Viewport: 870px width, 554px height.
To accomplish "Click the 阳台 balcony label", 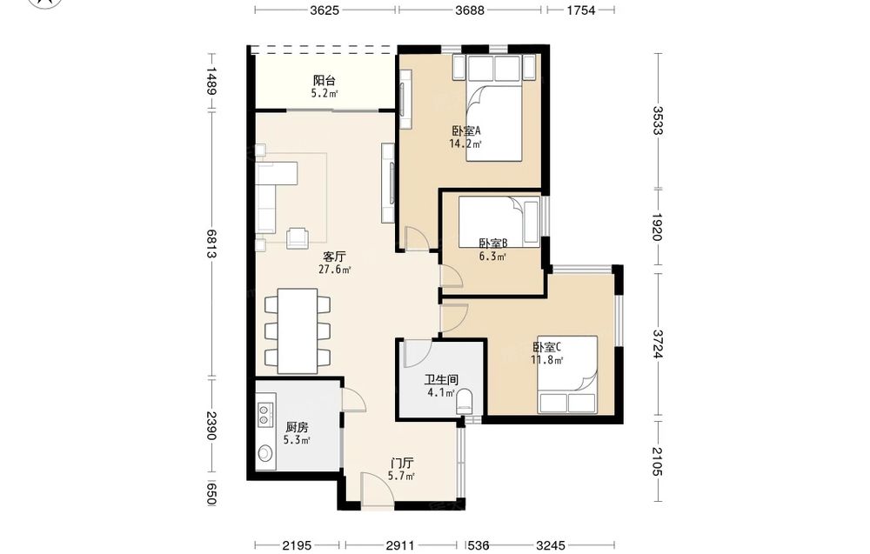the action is pyautogui.click(x=324, y=81).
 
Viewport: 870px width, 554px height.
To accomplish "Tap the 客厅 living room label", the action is pyautogui.click(x=334, y=257).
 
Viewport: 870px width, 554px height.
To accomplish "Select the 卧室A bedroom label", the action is pyautogui.click(x=465, y=131).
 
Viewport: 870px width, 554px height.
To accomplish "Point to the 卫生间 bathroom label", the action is pyautogui.click(x=441, y=380).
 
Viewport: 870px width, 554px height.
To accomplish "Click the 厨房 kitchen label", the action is pyautogui.click(x=297, y=428).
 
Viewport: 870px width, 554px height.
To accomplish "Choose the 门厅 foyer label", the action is pyautogui.click(x=401, y=463).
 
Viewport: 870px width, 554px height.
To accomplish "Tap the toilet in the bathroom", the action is pyautogui.click(x=465, y=402).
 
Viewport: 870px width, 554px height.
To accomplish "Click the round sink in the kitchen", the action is pyautogui.click(x=265, y=454).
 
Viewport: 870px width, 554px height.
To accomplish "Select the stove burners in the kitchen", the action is pyautogui.click(x=264, y=411).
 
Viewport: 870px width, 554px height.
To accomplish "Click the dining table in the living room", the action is pyautogui.click(x=298, y=331).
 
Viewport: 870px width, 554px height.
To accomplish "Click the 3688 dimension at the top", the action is pyautogui.click(x=470, y=10).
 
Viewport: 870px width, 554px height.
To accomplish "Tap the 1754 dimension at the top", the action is pyautogui.click(x=581, y=10).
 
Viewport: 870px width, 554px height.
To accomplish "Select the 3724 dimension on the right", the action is pyautogui.click(x=658, y=344).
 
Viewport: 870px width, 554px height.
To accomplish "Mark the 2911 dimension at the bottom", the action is pyautogui.click(x=400, y=545).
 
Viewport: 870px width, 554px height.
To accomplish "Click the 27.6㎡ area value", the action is pyautogui.click(x=335, y=270).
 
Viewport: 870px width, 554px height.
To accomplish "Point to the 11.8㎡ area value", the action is pyautogui.click(x=547, y=360).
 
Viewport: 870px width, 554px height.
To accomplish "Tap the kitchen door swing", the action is pyautogui.click(x=353, y=400).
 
